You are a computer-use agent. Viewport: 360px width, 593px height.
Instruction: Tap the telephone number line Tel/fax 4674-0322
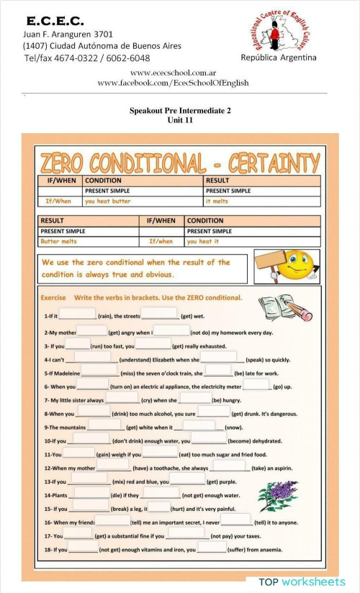tap(87, 58)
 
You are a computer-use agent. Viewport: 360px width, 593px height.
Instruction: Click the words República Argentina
tap(278, 58)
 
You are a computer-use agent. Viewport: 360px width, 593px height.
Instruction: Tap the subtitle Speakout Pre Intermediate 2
tap(180, 111)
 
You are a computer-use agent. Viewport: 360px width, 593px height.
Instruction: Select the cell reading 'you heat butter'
tap(108, 202)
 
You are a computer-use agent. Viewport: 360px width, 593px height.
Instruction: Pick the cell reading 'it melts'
tap(219, 202)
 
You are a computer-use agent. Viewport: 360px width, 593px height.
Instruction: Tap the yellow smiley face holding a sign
tap(292, 265)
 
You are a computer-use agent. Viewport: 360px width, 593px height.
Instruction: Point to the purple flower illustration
tap(277, 497)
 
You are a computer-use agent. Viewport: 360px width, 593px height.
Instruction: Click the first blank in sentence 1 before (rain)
tap(77, 314)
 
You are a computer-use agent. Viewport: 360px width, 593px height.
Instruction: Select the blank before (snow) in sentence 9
tap(199, 426)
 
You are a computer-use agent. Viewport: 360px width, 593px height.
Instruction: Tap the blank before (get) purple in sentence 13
tap(187, 481)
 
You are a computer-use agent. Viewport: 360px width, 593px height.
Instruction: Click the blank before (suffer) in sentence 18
tap(211, 549)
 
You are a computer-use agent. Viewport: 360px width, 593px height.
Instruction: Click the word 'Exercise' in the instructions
tap(53, 297)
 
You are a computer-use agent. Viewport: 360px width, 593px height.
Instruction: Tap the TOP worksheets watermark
tap(302, 581)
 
